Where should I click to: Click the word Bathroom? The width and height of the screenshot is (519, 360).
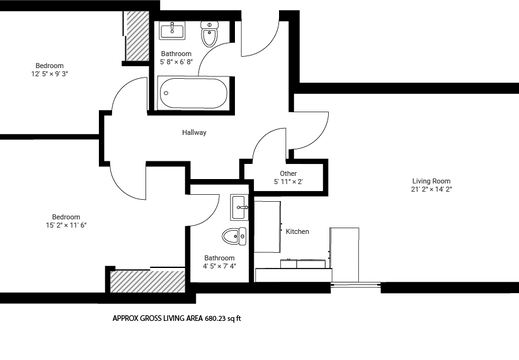click(176, 52)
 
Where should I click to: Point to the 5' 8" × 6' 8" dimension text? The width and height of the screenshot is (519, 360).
click(176, 62)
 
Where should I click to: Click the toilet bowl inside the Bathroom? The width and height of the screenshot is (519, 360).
click(209, 39)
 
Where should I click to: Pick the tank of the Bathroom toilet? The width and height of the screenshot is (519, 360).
click(209, 24)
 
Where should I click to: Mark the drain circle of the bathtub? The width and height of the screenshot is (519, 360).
click(168, 98)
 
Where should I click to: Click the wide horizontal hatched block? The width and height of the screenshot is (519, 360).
click(148, 281)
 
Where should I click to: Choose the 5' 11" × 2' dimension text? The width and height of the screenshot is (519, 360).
click(289, 183)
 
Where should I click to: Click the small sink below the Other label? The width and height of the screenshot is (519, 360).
click(241, 207)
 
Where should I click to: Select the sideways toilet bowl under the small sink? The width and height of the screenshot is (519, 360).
click(232, 237)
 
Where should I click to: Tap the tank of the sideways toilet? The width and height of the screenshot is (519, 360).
click(244, 237)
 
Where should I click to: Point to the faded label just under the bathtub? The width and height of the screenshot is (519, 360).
click(194, 132)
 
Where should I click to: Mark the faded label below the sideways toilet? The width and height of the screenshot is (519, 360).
click(219, 262)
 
